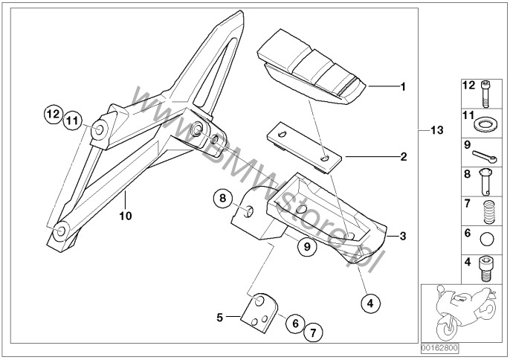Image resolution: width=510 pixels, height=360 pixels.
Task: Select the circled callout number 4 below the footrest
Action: click(x=371, y=303)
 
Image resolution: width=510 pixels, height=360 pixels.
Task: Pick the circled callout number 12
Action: click(x=51, y=115)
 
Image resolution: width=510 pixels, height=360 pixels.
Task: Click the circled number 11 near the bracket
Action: click(x=72, y=120)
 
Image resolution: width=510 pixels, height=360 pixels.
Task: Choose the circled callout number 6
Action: click(x=294, y=324)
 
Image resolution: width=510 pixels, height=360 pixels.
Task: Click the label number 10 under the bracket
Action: click(x=125, y=216)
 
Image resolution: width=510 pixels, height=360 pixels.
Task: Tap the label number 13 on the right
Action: click(x=436, y=130)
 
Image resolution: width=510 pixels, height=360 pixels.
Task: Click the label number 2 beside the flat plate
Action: click(x=403, y=157)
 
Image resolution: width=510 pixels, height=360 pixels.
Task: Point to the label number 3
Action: click(x=402, y=237)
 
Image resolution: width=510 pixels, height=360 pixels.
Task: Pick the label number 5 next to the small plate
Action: click(x=220, y=317)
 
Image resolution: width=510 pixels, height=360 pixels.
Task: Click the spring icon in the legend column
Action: click(x=486, y=213)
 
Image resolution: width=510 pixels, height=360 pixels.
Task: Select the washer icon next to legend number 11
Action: click(x=486, y=120)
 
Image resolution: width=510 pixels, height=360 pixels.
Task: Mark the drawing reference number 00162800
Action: click(x=440, y=347)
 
